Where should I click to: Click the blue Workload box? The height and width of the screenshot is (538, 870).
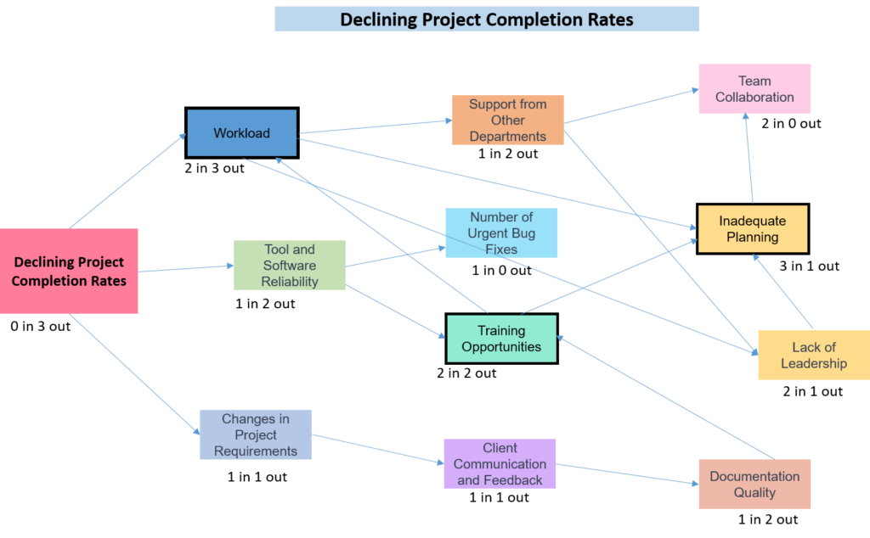click(x=241, y=133)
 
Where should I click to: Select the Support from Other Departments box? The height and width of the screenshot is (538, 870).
click(x=507, y=120)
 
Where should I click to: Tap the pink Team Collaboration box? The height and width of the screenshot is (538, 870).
click(x=754, y=88)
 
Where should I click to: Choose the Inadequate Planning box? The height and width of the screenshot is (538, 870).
click(x=753, y=228)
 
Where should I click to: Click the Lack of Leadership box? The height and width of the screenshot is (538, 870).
click(x=813, y=355)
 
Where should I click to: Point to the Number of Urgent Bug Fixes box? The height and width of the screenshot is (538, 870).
click(x=501, y=233)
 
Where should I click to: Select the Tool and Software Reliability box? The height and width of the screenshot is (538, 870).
click(x=289, y=265)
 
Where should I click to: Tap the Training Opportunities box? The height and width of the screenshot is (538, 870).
click(x=501, y=339)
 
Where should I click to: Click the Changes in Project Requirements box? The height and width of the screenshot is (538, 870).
click(x=255, y=434)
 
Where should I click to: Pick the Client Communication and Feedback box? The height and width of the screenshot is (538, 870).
click(x=500, y=463)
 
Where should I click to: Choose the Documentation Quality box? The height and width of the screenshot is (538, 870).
click(x=754, y=484)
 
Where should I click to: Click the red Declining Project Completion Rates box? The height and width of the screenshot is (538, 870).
click(x=69, y=271)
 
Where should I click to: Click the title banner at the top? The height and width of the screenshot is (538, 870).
click(x=487, y=19)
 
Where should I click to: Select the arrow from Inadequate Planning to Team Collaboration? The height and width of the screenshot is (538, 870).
click(x=749, y=160)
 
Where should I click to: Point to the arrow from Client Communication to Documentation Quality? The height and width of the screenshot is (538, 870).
click(x=627, y=474)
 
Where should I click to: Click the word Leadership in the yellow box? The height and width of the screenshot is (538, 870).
click(x=814, y=363)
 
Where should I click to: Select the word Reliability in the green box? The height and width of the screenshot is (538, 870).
click(x=289, y=281)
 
